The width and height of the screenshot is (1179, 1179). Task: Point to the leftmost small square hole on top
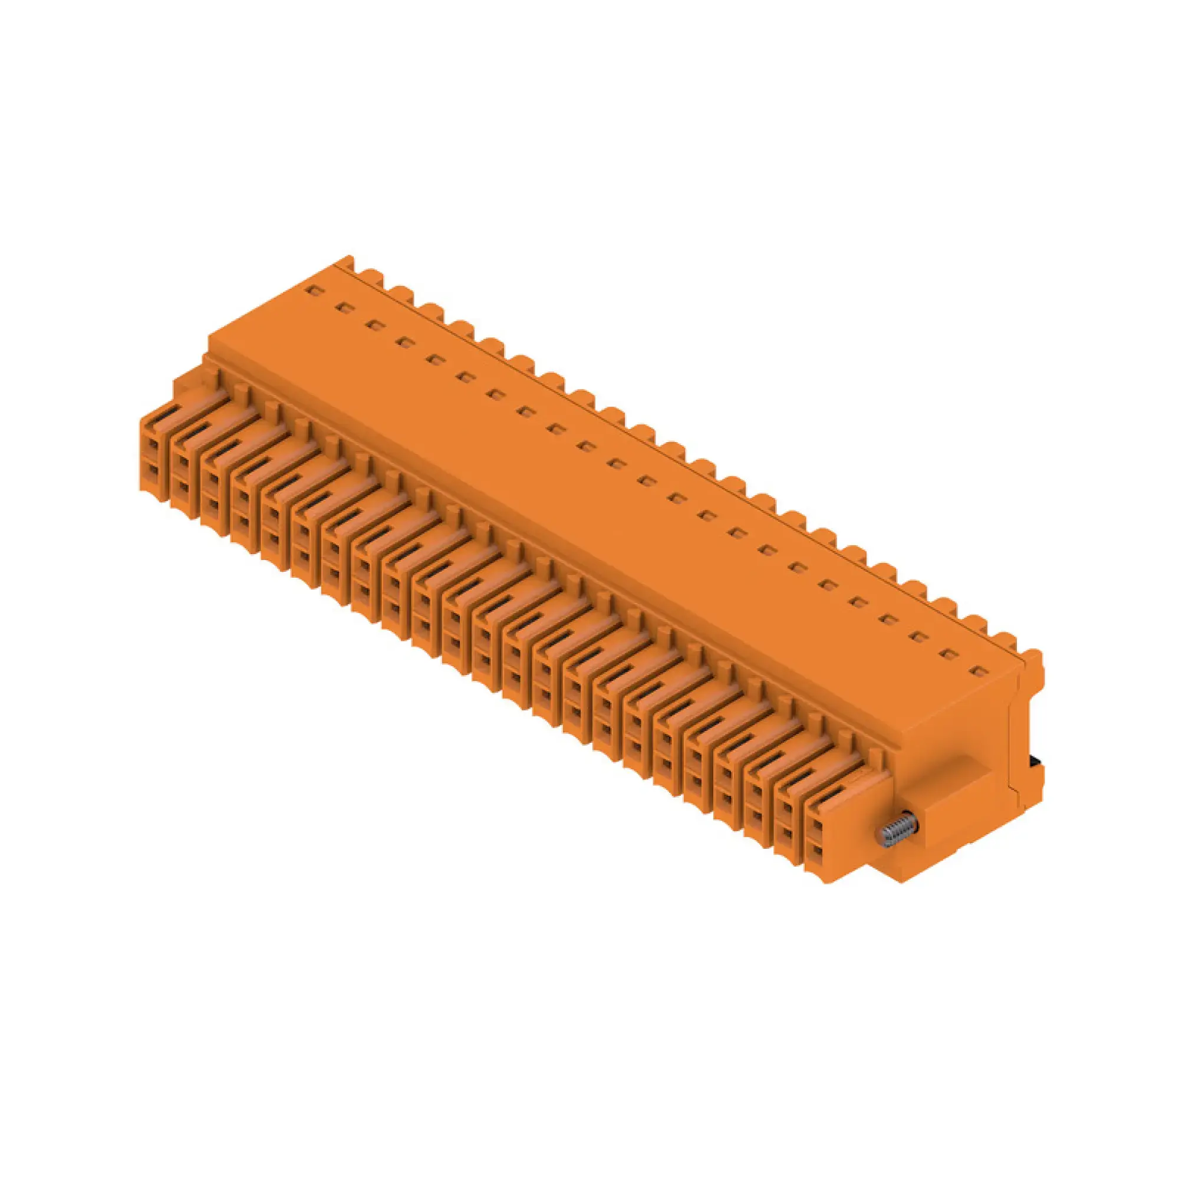coord(313,291)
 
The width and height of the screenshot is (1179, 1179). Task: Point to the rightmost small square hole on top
coord(977,672)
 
